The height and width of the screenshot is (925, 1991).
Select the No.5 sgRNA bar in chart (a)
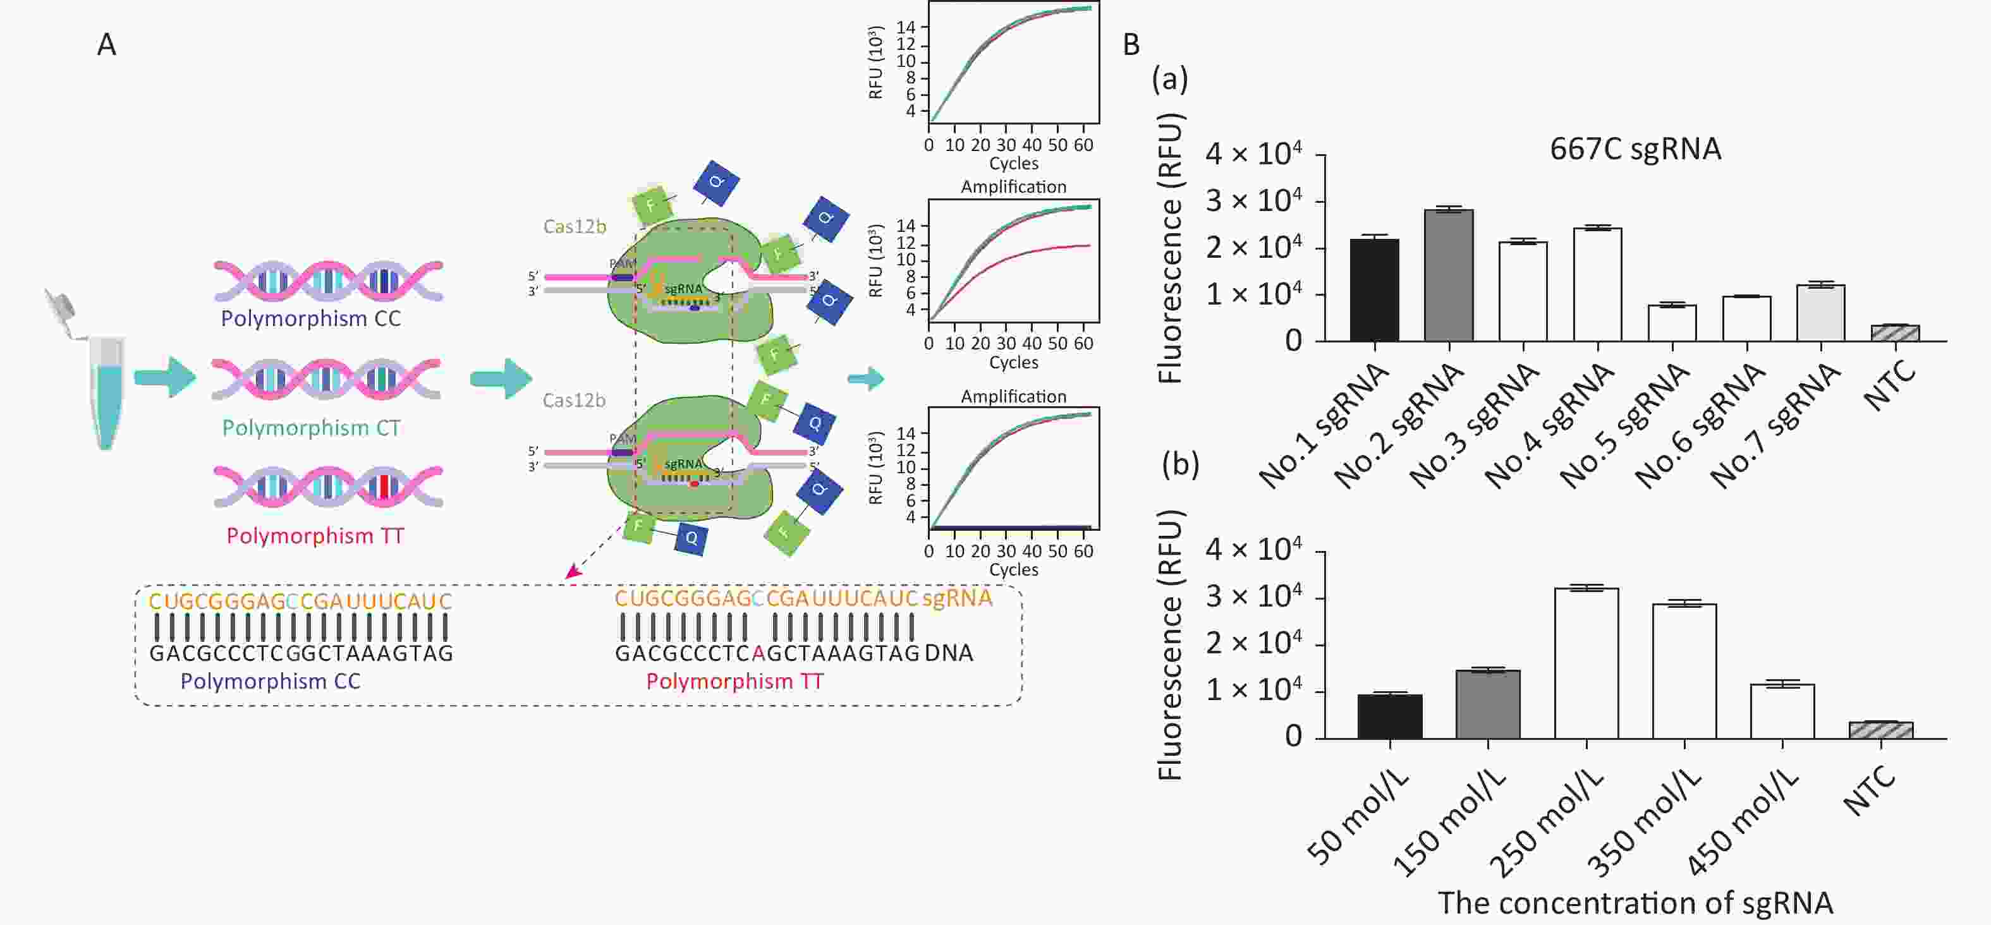pyautogui.click(x=1672, y=323)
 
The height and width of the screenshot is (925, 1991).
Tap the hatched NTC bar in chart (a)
pyautogui.click(x=1895, y=333)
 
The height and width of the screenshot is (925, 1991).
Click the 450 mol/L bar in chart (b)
pyautogui.click(x=1782, y=711)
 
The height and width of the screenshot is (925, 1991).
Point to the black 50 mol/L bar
pyautogui.click(x=1390, y=717)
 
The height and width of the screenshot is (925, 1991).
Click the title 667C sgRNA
pyautogui.click(x=1636, y=148)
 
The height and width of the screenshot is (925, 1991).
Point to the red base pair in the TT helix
pyautogui.click(x=384, y=488)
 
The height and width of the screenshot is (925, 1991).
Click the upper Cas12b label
pyautogui.click(x=575, y=226)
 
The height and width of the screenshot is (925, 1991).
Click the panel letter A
pyautogui.click(x=107, y=44)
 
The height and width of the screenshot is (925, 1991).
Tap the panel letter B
pyautogui.click(x=1131, y=44)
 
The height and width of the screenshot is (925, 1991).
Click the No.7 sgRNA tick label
pyautogui.click(x=1775, y=426)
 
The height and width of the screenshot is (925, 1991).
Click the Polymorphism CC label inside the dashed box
pyautogui.click(x=271, y=681)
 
